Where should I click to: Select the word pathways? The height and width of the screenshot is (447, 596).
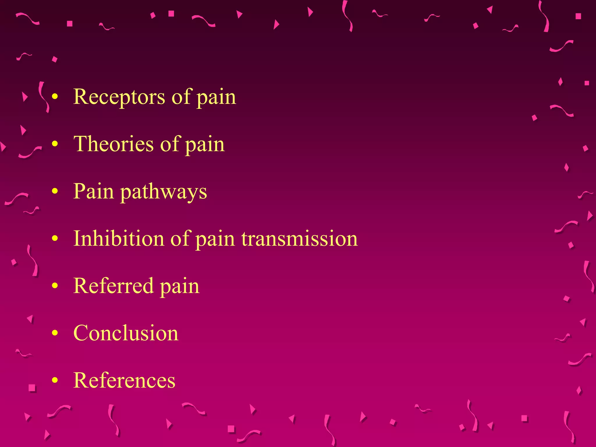pos(164,192)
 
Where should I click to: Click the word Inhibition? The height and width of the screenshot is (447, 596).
pos(118,238)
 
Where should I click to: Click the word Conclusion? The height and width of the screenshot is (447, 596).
pos(126,333)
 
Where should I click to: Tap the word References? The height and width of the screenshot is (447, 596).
pos(124,380)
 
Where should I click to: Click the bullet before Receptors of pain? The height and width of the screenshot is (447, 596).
pos(55,97)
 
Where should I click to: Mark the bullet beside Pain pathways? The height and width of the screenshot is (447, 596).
pos(55,191)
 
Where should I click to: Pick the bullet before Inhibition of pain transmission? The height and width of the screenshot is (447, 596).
pos(55,238)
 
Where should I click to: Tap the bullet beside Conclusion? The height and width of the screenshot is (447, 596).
pos(55,333)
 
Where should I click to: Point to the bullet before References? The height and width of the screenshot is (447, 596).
pos(55,380)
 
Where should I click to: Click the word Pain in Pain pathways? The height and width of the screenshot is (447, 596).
pos(93,191)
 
